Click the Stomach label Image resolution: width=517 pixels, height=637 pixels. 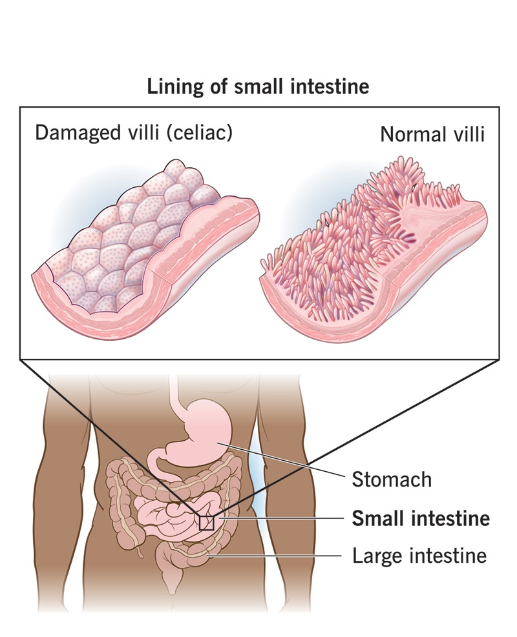(391, 480)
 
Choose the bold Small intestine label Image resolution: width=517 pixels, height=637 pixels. (420, 518)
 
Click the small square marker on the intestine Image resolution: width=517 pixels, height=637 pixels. (206, 522)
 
